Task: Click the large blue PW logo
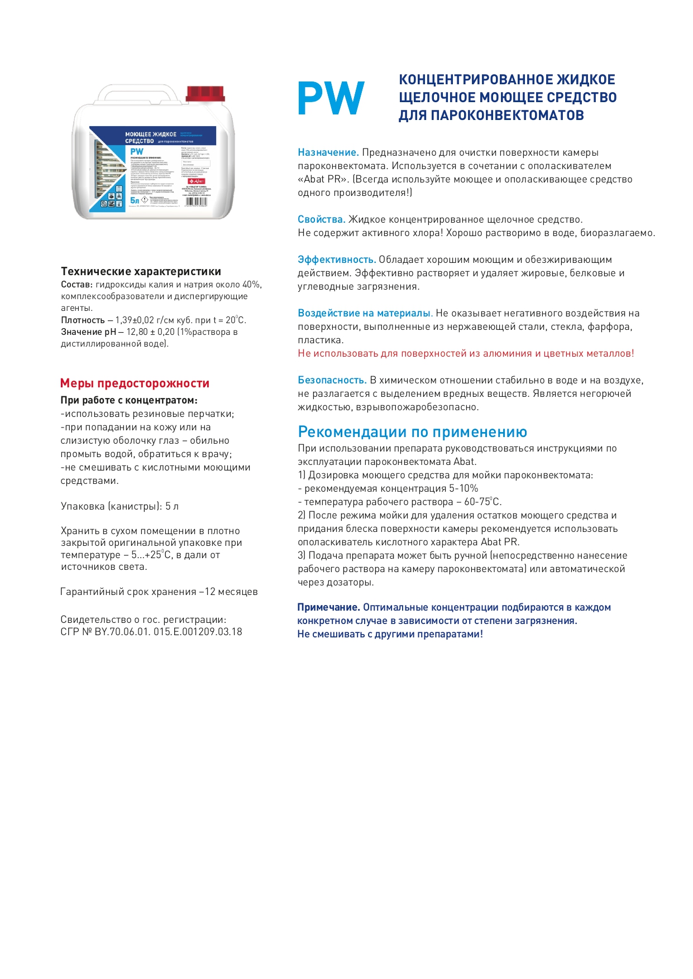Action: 331,98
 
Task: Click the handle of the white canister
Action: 140,90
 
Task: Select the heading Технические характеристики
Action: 141,272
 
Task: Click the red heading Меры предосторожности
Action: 135,383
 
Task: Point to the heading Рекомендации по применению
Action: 412,432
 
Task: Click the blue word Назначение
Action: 328,152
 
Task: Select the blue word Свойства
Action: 321,219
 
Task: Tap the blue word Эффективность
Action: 336,260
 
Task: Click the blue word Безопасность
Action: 332,380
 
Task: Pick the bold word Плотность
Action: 83,320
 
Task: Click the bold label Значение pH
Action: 88,332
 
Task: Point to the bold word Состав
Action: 77,285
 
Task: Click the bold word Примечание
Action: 328,607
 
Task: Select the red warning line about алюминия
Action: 466,353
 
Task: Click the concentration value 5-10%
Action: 463,488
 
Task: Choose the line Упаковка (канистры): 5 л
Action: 120,506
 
